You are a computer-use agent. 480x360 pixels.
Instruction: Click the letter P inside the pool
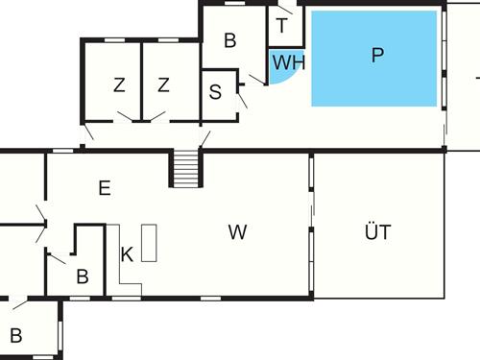[x=377, y=56]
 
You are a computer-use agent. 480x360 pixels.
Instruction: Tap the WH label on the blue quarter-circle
[x=288, y=63]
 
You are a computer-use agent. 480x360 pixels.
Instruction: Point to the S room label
[x=215, y=93]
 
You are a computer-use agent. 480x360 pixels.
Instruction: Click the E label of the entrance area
[x=104, y=188]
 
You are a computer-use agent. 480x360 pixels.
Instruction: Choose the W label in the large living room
[x=238, y=231]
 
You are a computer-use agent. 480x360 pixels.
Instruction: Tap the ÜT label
[x=378, y=231]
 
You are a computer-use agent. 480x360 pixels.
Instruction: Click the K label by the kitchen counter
[x=127, y=254]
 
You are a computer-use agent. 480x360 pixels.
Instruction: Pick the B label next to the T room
[x=230, y=40]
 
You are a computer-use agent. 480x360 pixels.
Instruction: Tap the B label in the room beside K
[x=83, y=277]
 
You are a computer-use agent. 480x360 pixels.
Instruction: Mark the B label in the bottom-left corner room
[x=15, y=336]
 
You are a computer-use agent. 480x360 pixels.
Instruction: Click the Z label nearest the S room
[x=164, y=85]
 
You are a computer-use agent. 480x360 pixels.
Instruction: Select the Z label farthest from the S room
[x=119, y=85]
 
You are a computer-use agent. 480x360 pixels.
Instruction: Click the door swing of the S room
[x=242, y=95]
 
